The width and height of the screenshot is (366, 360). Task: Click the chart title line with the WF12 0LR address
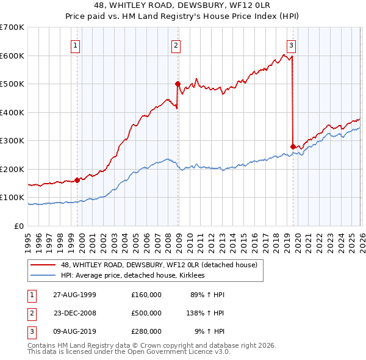click(x=182, y=6)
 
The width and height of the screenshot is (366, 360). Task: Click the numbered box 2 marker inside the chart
click(x=176, y=45)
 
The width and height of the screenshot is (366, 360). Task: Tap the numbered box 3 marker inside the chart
click(x=291, y=45)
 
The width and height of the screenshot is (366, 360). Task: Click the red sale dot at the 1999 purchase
click(x=77, y=180)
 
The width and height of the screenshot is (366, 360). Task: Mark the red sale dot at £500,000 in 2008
click(x=178, y=84)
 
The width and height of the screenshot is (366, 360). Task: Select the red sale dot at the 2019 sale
click(x=293, y=146)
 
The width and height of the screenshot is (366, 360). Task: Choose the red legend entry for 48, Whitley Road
click(x=159, y=265)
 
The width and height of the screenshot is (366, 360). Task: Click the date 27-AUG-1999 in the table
click(x=74, y=295)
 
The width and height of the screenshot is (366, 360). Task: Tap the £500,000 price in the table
click(x=146, y=313)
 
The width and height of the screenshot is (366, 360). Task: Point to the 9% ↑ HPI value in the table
click(x=208, y=331)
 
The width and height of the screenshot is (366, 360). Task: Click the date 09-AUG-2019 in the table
click(x=74, y=331)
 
